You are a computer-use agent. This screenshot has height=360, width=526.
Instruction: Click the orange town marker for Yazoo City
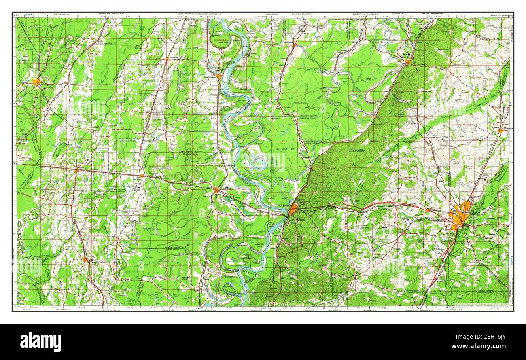tap(408, 62)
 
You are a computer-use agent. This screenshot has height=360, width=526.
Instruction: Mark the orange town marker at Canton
tap(500, 131)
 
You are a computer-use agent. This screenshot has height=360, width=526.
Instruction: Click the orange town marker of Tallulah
tap(216, 189)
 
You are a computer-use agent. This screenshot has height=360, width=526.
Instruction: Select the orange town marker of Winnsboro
tap(85, 259)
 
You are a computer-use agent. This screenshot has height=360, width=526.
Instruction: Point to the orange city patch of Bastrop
tap(37, 82)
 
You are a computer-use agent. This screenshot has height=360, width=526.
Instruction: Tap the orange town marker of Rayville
tap(76, 170)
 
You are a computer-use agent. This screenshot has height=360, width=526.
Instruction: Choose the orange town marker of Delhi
tap(142, 176)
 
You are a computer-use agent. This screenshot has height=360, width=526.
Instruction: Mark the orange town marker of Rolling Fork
tap(293, 45)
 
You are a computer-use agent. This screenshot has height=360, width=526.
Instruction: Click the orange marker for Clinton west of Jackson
tap(427, 210)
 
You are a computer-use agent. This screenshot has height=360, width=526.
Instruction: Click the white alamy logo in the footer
tap(40, 342)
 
